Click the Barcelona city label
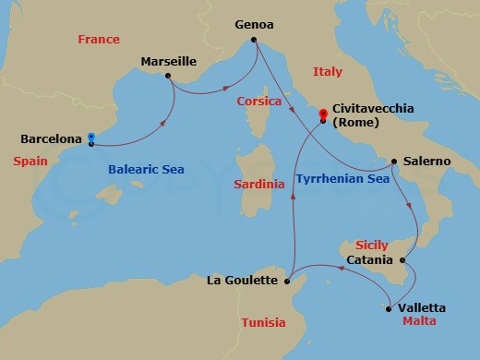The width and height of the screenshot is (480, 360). (52, 140)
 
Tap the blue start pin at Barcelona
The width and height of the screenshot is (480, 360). (91, 139)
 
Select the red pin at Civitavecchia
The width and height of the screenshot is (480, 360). (322, 115)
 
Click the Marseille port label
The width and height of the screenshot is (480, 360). (169, 62)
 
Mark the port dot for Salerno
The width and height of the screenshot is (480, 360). (394, 162)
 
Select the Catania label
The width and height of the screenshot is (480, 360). (370, 261)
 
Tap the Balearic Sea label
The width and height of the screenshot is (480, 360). (147, 170)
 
